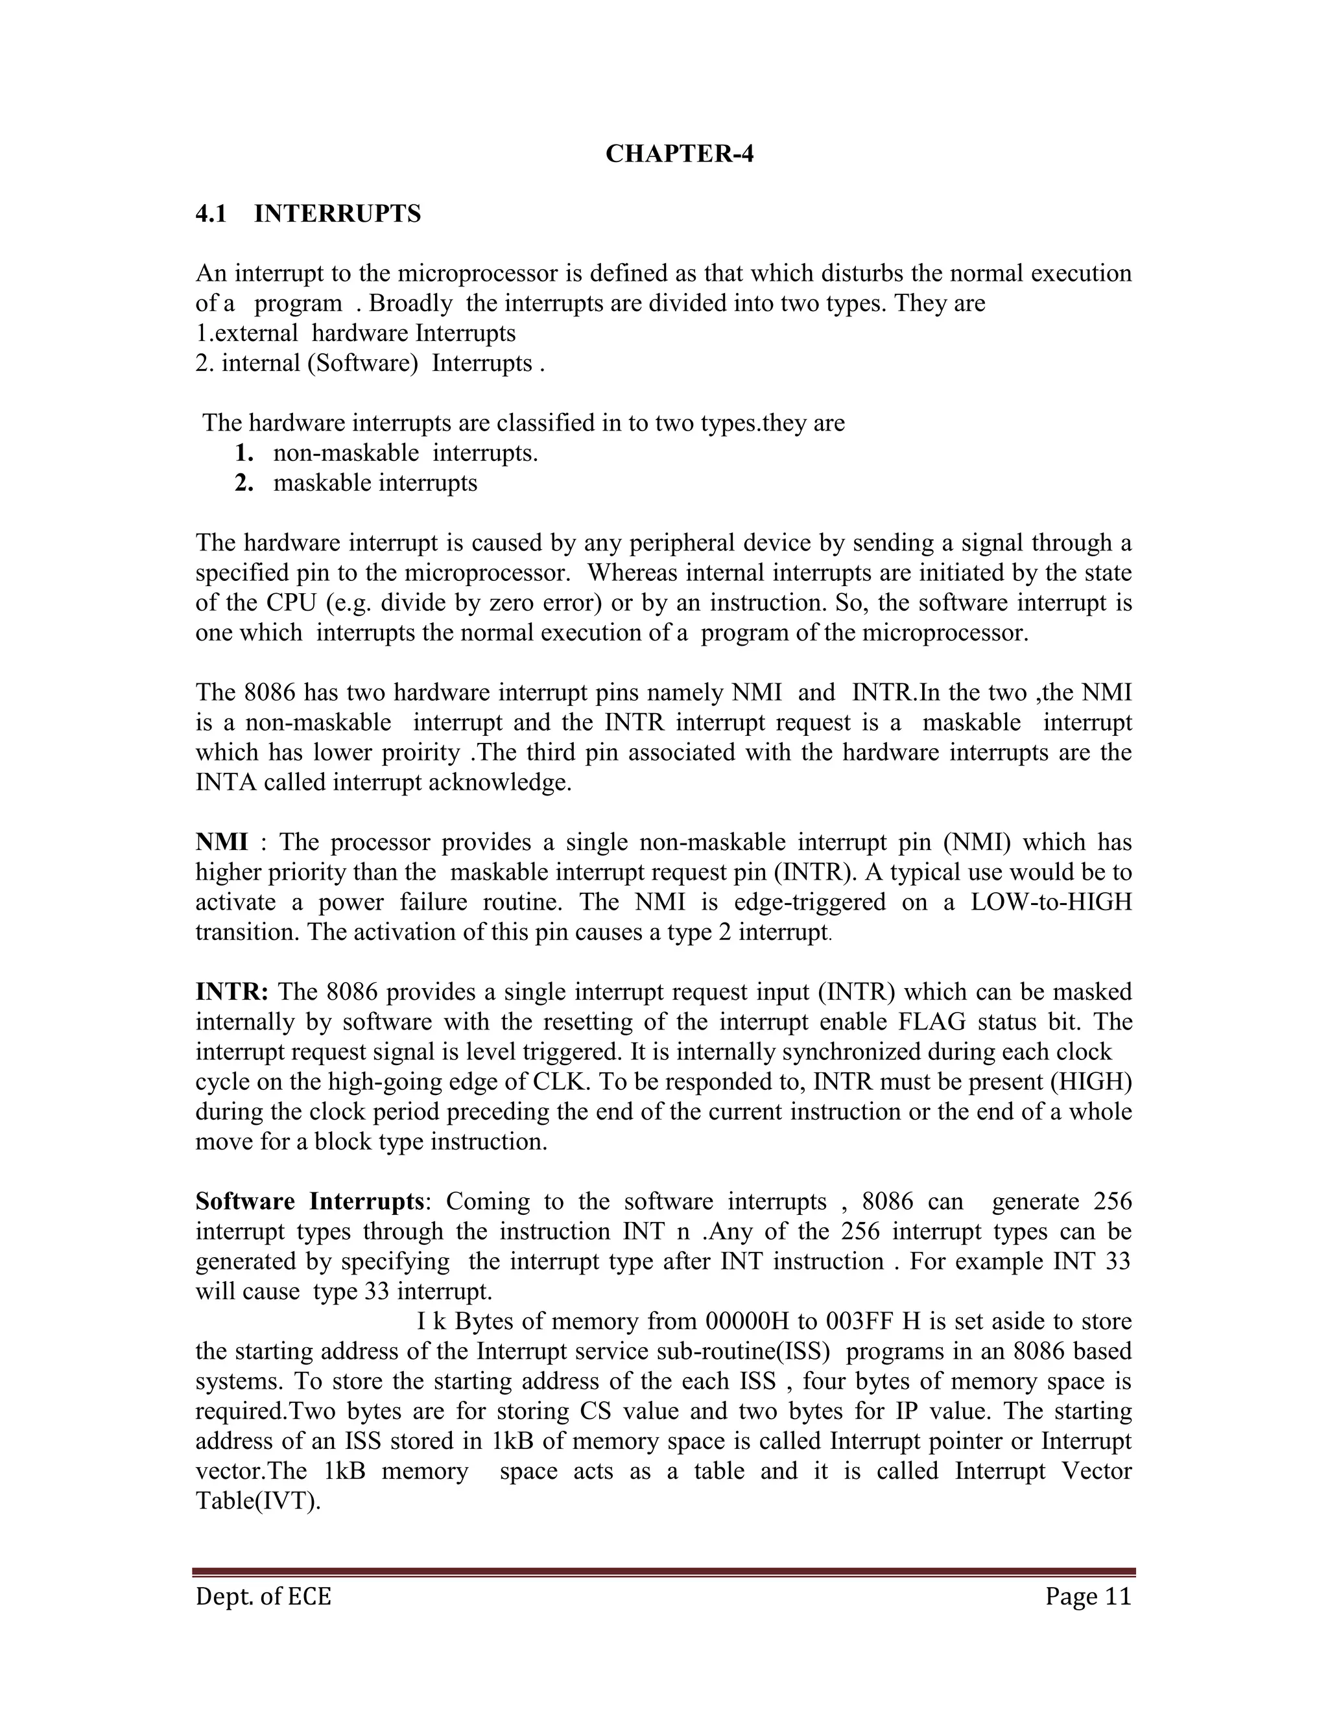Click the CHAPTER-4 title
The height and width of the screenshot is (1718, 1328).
pos(679,154)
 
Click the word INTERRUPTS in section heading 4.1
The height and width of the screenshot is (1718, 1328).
pos(337,214)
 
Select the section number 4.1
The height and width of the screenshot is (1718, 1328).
pos(211,214)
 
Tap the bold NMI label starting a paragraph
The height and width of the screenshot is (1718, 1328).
pos(221,843)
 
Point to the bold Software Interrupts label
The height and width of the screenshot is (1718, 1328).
pos(309,1202)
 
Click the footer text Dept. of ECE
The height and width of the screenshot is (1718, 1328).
pos(263,1596)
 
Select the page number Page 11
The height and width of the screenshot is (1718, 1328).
pos(1088,1596)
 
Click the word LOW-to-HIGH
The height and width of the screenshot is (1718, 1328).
pos(1051,902)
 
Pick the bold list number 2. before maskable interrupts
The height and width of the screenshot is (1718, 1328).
pos(244,483)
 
